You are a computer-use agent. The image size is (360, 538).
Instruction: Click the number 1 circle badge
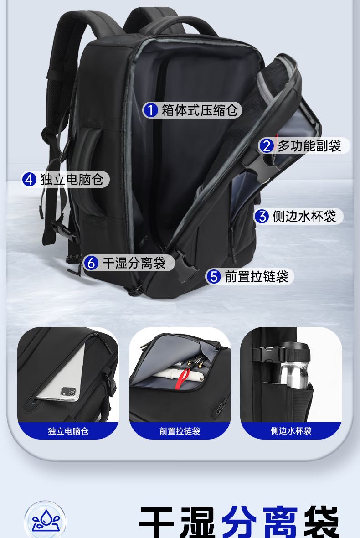pyautogui.click(x=150, y=110)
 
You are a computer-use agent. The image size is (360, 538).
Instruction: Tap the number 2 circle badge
pyautogui.click(x=267, y=146)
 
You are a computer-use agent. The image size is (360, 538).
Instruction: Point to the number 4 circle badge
pyautogui.click(x=29, y=180)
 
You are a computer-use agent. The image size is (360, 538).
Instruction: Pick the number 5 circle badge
pyautogui.click(x=214, y=276)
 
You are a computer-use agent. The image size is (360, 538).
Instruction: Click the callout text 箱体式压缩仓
pyautogui.click(x=200, y=110)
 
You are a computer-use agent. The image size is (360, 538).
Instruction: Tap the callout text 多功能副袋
pyautogui.click(x=309, y=146)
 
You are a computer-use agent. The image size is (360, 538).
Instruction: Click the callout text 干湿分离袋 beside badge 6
pyautogui.click(x=134, y=263)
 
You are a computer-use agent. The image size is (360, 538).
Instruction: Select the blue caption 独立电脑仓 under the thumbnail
pyautogui.click(x=68, y=431)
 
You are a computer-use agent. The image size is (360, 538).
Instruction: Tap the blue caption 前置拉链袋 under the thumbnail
pyautogui.click(x=180, y=431)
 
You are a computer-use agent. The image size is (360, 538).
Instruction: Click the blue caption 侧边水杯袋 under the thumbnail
pyautogui.click(x=291, y=430)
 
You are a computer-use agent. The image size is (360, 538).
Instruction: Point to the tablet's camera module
pyautogui.click(x=68, y=392)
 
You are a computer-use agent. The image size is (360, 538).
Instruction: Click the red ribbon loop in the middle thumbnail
pyautogui.click(x=183, y=379)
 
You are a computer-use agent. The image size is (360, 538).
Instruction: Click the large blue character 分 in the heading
pyautogui.click(x=240, y=522)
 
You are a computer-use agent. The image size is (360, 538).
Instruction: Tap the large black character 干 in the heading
pyautogui.click(x=157, y=522)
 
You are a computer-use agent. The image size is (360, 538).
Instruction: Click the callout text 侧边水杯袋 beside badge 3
pyautogui.click(x=304, y=216)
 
